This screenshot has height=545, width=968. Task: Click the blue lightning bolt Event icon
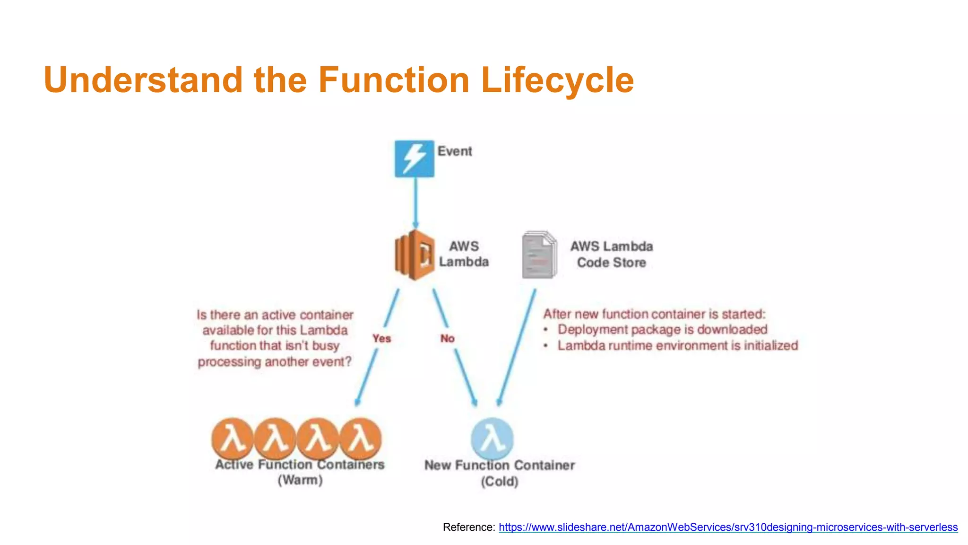pyautogui.click(x=415, y=158)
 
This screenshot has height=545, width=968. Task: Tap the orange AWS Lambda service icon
pyautogui.click(x=414, y=255)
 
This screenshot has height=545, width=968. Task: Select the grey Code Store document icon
pyautogui.click(x=539, y=255)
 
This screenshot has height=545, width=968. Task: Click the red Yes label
pyautogui.click(x=381, y=339)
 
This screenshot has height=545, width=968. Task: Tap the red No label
pyautogui.click(x=447, y=339)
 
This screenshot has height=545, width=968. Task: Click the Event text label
pyautogui.click(x=454, y=151)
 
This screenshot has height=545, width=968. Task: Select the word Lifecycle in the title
pyautogui.click(x=557, y=79)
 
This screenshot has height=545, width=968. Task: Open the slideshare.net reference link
pyautogui.click(x=728, y=527)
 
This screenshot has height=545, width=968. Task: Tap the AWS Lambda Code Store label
pyautogui.click(x=611, y=255)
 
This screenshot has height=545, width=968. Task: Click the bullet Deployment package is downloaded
pyautogui.click(x=662, y=330)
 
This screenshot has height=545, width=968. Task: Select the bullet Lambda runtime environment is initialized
pyautogui.click(x=677, y=346)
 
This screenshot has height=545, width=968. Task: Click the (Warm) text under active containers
pyautogui.click(x=300, y=480)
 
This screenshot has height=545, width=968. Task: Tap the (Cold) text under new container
pyautogui.click(x=500, y=482)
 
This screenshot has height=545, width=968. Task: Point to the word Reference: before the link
pyautogui.click(x=469, y=527)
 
